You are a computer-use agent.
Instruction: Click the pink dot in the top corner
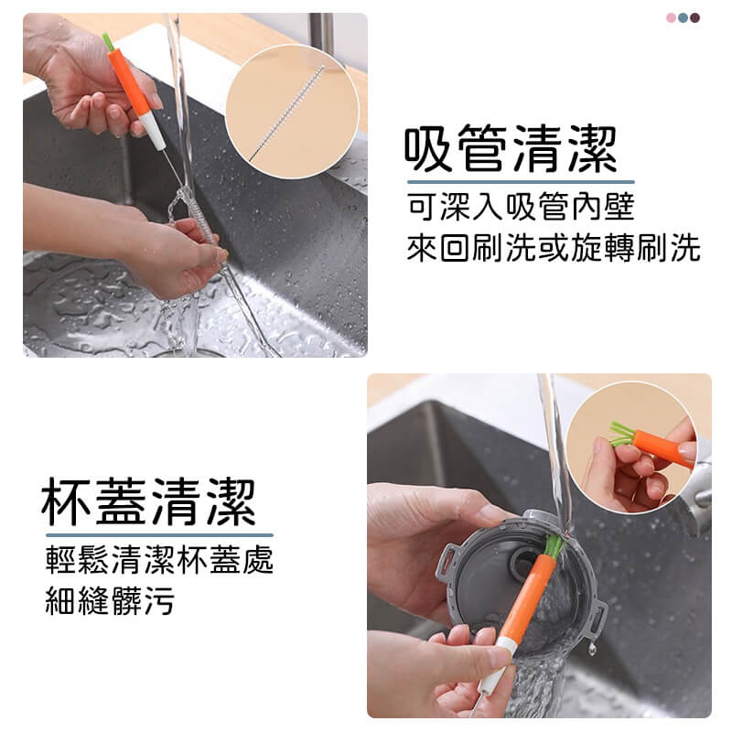point(671,18)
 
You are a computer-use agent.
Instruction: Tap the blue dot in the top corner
point(683,18)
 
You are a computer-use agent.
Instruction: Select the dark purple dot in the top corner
point(694,18)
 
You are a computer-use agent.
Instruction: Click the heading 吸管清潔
point(511,149)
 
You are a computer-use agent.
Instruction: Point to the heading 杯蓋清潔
point(148,502)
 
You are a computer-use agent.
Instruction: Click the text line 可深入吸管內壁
point(521,207)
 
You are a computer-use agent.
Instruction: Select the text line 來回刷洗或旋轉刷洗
point(554,247)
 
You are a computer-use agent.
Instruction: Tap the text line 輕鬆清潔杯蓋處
point(159,559)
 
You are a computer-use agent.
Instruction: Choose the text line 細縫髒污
point(110,600)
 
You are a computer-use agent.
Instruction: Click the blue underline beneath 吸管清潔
point(521,181)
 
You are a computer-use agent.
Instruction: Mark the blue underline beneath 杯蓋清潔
point(159,535)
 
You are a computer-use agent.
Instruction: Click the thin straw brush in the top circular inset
point(286,113)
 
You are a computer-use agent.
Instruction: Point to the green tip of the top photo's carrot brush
point(108,41)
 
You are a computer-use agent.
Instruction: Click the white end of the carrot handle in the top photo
point(153,132)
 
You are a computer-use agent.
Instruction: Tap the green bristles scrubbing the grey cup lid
point(554,545)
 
